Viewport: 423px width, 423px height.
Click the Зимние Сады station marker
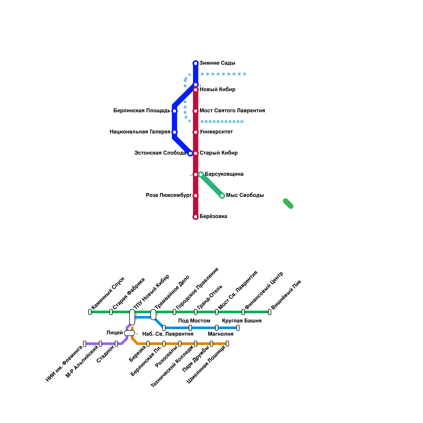196,63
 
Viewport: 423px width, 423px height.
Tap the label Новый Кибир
217,90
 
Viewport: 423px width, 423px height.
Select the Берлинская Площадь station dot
174,111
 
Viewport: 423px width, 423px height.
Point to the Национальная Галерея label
140,132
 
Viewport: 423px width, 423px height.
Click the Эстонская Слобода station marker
190,153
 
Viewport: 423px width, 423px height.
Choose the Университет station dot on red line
196,132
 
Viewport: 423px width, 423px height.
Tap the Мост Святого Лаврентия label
232,111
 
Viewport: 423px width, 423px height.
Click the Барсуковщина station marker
201,174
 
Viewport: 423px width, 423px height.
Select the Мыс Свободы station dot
222,196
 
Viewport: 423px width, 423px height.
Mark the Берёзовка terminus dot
196,217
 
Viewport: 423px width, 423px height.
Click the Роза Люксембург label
169,195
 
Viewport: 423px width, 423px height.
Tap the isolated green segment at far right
288,204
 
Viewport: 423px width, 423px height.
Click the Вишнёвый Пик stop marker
270,312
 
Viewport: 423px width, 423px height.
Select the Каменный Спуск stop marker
90,312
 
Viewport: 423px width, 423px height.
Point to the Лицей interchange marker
130,333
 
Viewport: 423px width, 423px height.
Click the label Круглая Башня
242,321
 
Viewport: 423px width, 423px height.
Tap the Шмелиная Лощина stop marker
227,344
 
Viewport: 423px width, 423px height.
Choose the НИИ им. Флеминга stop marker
85,344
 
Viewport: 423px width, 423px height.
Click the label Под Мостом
194,321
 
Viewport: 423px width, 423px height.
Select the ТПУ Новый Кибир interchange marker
132,317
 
